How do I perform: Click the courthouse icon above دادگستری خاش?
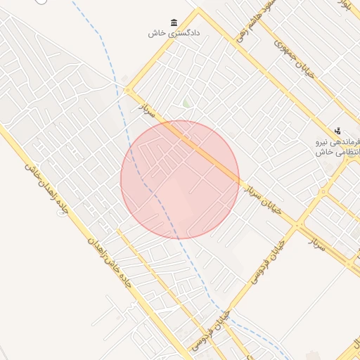coord(174,22)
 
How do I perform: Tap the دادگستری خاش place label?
coord(174,33)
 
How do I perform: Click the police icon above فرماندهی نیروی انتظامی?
coord(338,130)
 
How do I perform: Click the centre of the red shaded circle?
coord(180,180)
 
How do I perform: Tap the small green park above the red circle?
coord(186,104)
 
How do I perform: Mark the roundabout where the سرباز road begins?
coord(127,90)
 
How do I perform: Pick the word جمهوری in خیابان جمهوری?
coord(281,44)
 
